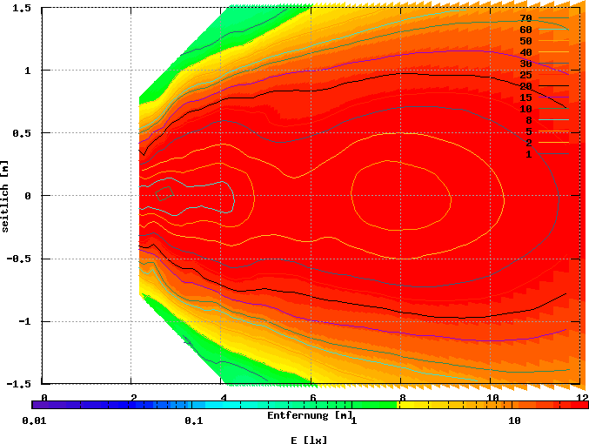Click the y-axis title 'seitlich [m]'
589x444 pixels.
[6, 195]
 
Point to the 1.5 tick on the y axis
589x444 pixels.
[23, 7]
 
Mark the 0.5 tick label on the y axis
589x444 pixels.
[23, 132]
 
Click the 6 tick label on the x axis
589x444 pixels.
[312, 397]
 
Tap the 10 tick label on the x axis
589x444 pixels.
[492, 397]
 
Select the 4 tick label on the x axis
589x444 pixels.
[223, 397]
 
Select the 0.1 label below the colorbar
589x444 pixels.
[193, 420]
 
